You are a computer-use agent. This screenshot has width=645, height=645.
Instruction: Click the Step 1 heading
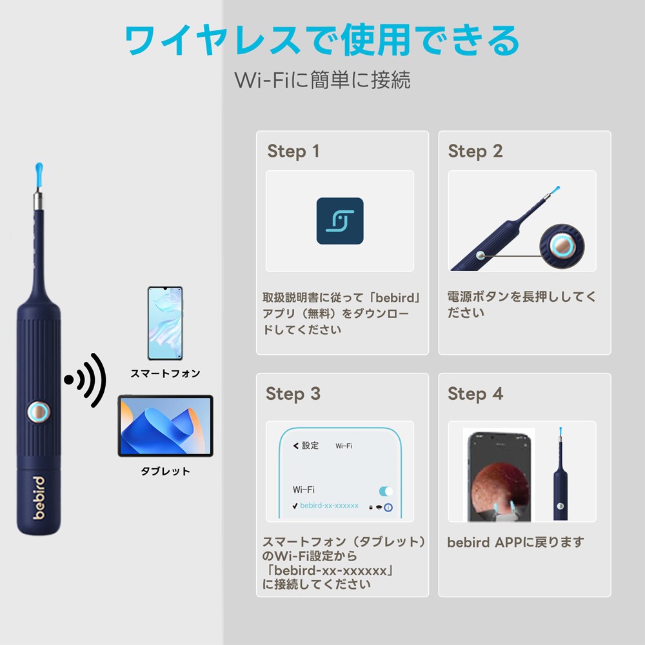point(293,152)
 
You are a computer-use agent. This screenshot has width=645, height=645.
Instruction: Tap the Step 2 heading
point(475,152)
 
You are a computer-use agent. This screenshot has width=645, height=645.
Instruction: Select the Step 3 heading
point(293,394)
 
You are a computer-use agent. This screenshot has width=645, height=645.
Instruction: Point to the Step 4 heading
point(475,394)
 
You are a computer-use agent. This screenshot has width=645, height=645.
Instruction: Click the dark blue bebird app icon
point(340,221)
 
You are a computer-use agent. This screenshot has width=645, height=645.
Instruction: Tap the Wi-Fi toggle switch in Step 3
point(386,491)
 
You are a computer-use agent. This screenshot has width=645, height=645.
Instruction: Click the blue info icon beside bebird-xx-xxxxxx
point(388,508)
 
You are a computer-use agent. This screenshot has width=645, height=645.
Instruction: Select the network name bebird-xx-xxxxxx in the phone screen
point(329,506)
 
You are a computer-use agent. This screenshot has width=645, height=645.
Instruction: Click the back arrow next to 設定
point(296,446)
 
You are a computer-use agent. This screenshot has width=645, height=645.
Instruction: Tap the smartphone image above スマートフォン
point(165,323)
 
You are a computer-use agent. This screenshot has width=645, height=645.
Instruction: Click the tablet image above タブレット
point(165,426)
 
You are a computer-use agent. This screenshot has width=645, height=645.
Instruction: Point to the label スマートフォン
point(165,373)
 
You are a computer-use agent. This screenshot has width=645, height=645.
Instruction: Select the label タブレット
point(165,471)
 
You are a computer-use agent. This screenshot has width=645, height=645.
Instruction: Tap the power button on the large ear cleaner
point(39,412)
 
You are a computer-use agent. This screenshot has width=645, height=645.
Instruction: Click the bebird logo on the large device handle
point(39,498)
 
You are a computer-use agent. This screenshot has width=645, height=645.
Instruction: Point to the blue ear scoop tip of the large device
point(39,173)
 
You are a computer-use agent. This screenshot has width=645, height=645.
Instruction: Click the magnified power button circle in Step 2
point(562,246)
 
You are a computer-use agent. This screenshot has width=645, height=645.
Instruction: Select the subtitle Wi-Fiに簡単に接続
point(322,80)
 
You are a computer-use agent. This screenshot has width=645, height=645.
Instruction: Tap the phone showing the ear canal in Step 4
point(499,477)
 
